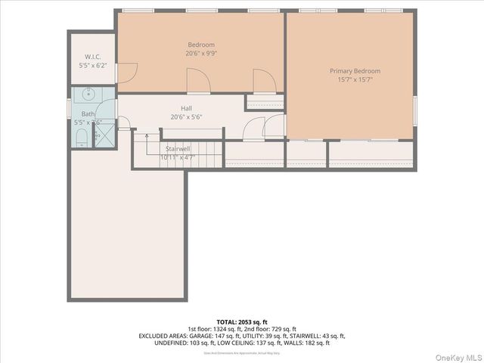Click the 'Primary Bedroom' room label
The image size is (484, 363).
pyautogui.click(x=355, y=71)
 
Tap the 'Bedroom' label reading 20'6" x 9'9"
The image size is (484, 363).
pyautogui.click(x=201, y=45)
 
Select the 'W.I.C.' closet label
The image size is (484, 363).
pyautogui.click(x=94, y=57)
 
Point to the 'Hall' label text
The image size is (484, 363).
pyautogui.click(x=186, y=108)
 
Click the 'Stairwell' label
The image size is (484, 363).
pyautogui.click(x=178, y=149)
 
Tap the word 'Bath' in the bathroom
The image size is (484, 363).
pyautogui.click(x=88, y=114)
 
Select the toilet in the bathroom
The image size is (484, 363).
pyautogui.click(x=82, y=137)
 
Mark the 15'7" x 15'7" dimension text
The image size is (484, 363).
pyautogui.click(x=355, y=80)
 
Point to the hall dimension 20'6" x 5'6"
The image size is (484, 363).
pyautogui.click(x=186, y=117)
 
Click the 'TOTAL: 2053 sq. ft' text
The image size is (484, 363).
pyautogui.click(x=241, y=321)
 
